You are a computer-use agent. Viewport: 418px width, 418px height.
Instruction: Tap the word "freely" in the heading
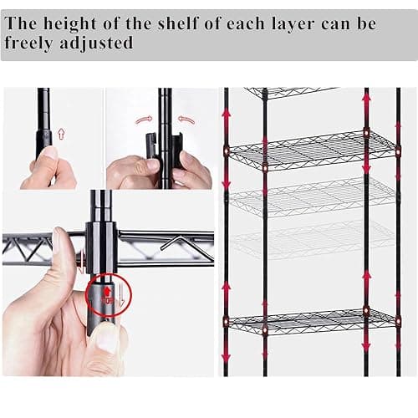(x=28, y=43)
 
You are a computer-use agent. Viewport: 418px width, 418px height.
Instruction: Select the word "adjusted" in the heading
(x=96, y=43)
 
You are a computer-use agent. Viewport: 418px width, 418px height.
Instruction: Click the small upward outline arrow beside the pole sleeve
(x=61, y=134)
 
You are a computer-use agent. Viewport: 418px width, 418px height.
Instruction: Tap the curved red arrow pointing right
(x=144, y=120)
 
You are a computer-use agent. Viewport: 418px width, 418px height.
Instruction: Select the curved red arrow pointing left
(x=186, y=120)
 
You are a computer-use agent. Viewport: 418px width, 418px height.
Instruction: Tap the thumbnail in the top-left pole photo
(x=48, y=154)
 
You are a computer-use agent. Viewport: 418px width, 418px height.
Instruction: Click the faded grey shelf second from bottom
(x=314, y=239)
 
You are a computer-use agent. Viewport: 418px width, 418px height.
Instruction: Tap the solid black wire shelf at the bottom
(x=312, y=320)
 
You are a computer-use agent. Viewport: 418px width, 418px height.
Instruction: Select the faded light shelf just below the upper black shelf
(x=314, y=195)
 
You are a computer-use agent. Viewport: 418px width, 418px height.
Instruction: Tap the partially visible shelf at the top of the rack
(x=290, y=92)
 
